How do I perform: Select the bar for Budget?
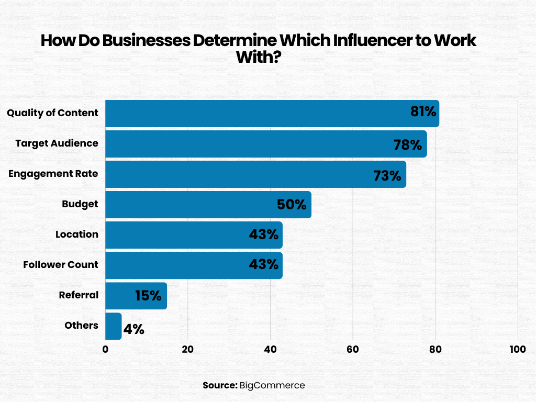coord(188,205)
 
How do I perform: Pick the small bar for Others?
coord(113,326)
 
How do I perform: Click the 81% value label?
coord(423,112)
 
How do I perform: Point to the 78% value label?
coord(408,144)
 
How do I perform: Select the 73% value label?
coord(387,175)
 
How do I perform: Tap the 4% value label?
coord(133,330)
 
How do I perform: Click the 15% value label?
coord(148,296)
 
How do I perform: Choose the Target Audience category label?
coord(57,143)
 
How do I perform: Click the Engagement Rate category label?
coord(53,173)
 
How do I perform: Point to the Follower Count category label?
coord(61,264)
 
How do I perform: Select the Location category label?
coord(77,234)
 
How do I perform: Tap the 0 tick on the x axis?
coord(105,350)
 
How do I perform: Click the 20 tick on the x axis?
coord(187,350)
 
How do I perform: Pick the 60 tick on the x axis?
coord(353,350)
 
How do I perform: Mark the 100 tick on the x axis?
coord(518,350)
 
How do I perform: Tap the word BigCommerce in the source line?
coord(272,385)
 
